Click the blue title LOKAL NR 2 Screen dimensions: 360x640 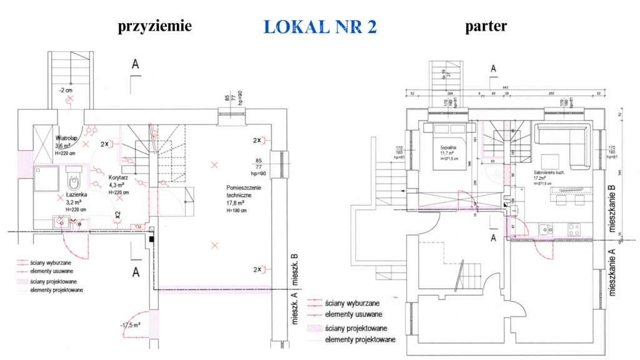320,27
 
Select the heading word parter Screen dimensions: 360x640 486,26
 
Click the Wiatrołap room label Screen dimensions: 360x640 66,137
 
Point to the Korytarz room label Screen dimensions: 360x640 119,177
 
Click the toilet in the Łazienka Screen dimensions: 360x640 74,180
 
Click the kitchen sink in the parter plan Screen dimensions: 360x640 546,230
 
